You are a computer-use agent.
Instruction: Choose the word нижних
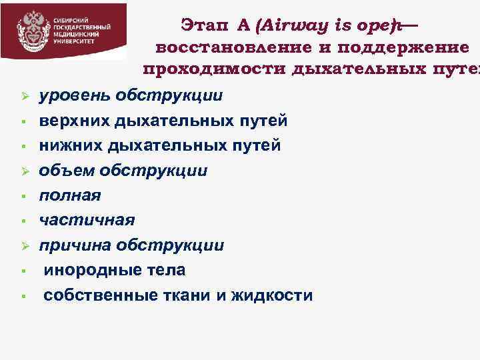coord(70,146)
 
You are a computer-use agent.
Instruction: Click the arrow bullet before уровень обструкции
coord(22,97)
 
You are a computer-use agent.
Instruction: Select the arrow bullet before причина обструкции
coord(22,246)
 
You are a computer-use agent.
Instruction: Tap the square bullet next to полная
coord(22,197)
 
